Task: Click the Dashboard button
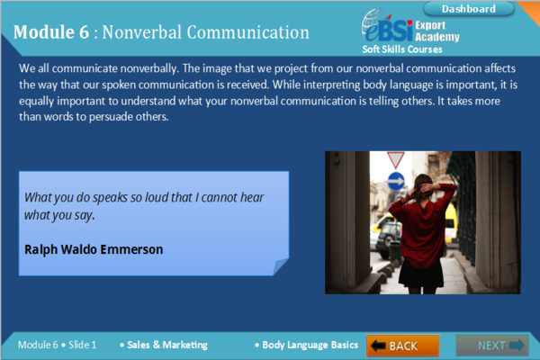(468, 9)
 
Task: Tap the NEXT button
(492, 346)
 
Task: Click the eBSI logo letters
(389, 31)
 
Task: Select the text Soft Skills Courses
(402, 49)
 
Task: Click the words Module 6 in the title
(51, 32)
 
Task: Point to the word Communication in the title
(248, 32)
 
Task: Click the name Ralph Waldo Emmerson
(94, 249)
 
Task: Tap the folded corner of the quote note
(280, 266)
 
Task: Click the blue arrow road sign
(396, 181)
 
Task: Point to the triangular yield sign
(395, 159)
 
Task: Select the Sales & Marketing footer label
(167, 345)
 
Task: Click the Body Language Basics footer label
(310, 345)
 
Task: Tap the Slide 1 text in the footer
(82, 345)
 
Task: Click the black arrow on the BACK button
(378, 346)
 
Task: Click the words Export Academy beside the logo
(437, 31)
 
